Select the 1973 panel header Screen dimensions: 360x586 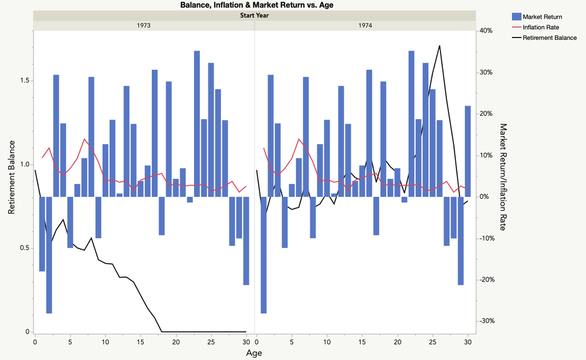144,25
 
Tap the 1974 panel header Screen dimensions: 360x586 364,25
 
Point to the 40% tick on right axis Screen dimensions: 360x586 486,30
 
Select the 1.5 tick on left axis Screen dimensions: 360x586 22,81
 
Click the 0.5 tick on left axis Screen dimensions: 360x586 22,248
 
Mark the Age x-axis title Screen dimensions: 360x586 254,353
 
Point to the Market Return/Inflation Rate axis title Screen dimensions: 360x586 502,176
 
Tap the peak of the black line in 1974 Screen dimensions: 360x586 439,46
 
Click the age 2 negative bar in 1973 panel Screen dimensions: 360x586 49,255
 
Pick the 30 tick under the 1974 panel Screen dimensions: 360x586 468,342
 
